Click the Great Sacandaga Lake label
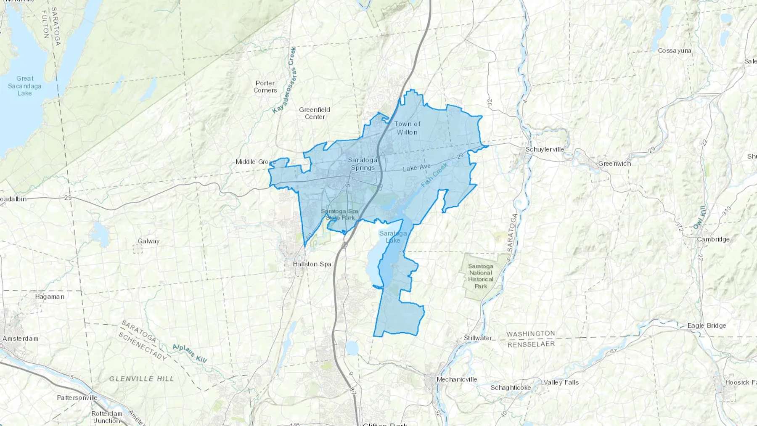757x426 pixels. tap(25, 85)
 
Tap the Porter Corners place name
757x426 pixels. tap(265, 87)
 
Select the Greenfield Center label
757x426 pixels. tap(315, 113)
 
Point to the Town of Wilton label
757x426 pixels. tap(407, 128)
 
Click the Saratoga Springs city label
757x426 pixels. tap(363, 164)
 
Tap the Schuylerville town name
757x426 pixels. tap(545, 149)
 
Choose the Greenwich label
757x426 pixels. tap(614, 164)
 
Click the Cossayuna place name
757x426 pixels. tap(675, 50)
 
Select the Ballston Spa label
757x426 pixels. tap(312, 264)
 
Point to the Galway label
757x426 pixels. tap(148, 241)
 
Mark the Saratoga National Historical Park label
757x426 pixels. tap(481, 276)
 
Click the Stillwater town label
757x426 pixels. tap(478, 338)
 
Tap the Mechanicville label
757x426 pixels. tap(457, 379)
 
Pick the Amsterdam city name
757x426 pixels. tap(20, 339)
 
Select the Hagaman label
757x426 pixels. tap(50, 296)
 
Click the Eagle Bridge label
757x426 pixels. tap(707, 325)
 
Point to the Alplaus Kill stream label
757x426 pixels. tap(190, 353)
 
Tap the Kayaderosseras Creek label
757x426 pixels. tap(285, 80)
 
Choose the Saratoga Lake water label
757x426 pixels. tap(393, 237)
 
